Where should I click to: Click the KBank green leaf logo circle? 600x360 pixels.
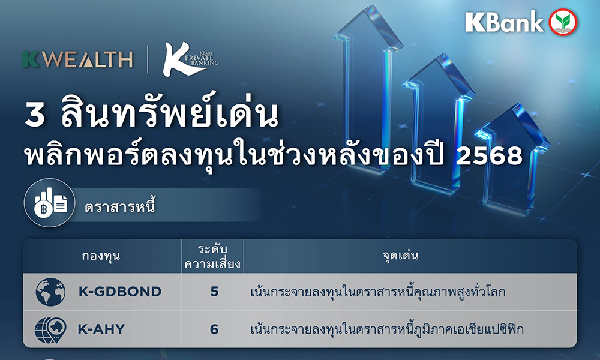click(563, 22)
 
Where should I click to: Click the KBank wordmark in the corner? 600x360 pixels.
click(504, 22)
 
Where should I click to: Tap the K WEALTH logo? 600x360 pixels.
click(77, 59)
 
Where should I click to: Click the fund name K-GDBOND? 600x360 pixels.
click(120, 292)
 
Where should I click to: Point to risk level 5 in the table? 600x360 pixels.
click(214, 292)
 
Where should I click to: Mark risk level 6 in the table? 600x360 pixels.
click(214, 329)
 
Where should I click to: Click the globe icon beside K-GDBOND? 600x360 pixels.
click(50, 292)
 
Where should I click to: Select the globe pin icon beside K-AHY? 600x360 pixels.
click(50, 329)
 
